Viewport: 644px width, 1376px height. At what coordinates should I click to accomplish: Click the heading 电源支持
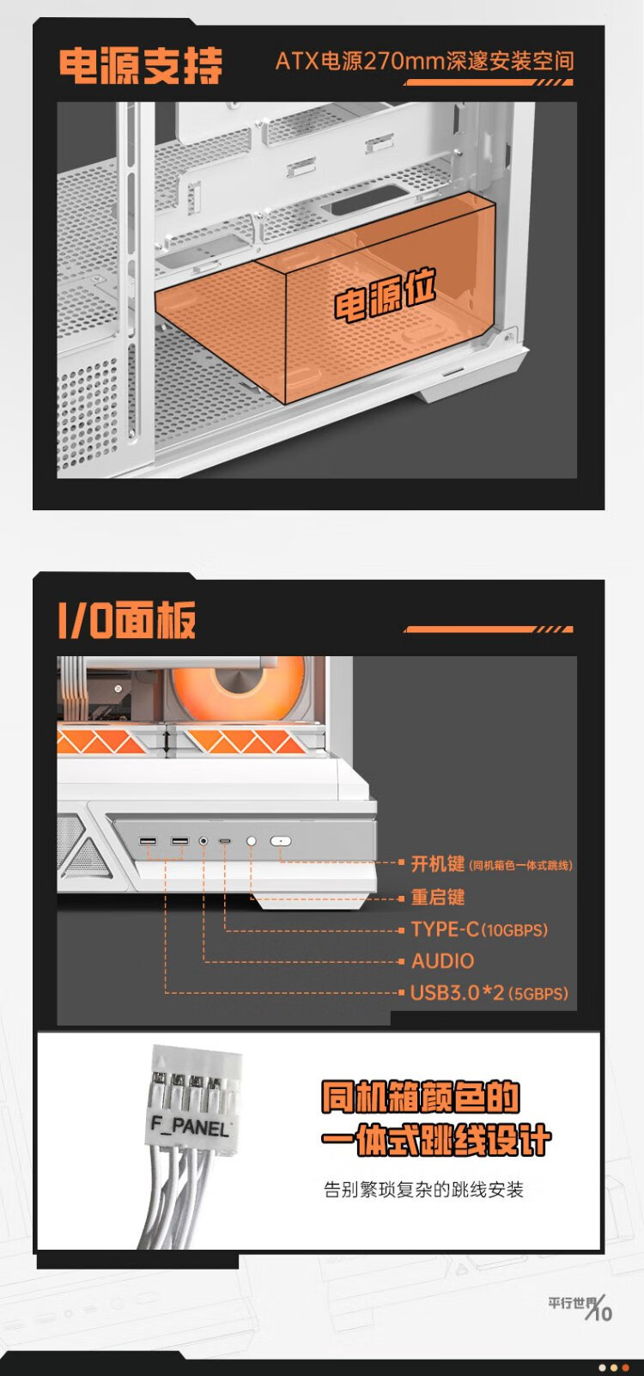tap(140, 66)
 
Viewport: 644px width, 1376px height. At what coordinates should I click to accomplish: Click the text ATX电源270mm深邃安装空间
tap(424, 61)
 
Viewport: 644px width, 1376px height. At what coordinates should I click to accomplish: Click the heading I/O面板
tap(127, 619)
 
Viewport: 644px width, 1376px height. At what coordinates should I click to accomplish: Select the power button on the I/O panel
tap(281, 842)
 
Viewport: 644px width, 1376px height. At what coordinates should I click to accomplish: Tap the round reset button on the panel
tap(252, 842)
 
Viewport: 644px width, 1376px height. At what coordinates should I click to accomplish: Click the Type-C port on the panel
tap(225, 842)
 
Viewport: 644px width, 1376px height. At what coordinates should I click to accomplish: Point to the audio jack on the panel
tap(204, 842)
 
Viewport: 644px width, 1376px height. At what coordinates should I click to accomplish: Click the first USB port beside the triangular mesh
tap(148, 842)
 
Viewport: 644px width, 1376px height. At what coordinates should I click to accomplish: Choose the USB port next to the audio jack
tap(179, 842)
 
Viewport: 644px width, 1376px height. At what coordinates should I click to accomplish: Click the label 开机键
tap(438, 864)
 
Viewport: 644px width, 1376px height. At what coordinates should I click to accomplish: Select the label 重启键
tap(438, 898)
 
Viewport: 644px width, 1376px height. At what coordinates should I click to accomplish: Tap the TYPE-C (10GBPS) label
tap(479, 929)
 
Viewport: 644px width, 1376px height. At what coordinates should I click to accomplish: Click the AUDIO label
tap(443, 961)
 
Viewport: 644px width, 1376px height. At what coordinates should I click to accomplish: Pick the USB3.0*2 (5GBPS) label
tap(489, 994)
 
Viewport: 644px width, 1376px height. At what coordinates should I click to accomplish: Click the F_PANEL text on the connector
tap(190, 1126)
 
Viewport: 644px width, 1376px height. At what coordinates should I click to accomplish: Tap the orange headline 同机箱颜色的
tap(421, 1098)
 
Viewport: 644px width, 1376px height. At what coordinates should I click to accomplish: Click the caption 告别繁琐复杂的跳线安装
tap(423, 1190)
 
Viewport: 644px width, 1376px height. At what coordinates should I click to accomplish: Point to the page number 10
tap(603, 1313)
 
